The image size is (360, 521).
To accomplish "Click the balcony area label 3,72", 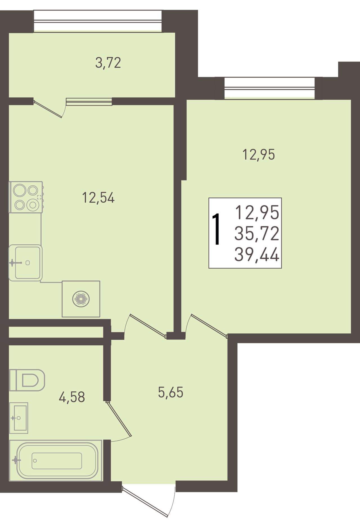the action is click(108, 63).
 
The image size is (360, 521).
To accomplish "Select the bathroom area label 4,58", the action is click(72, 397).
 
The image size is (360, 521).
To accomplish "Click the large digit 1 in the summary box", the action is click(216, 229).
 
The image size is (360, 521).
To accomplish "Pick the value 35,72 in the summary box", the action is click(257, 234).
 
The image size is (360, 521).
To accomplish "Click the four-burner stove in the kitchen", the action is click(26, 197).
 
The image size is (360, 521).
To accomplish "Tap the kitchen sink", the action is click(25, 263).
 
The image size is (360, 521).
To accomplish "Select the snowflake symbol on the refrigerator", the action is click(81, 299).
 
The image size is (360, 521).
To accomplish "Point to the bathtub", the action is click(56, 461).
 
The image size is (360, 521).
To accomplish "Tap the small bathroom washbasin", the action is click(19, 418).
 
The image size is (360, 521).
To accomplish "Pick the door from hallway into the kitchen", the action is click(145, 325).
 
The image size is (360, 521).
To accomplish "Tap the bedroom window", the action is click(269, 88).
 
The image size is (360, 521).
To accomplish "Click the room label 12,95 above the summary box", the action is click(258, 154).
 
